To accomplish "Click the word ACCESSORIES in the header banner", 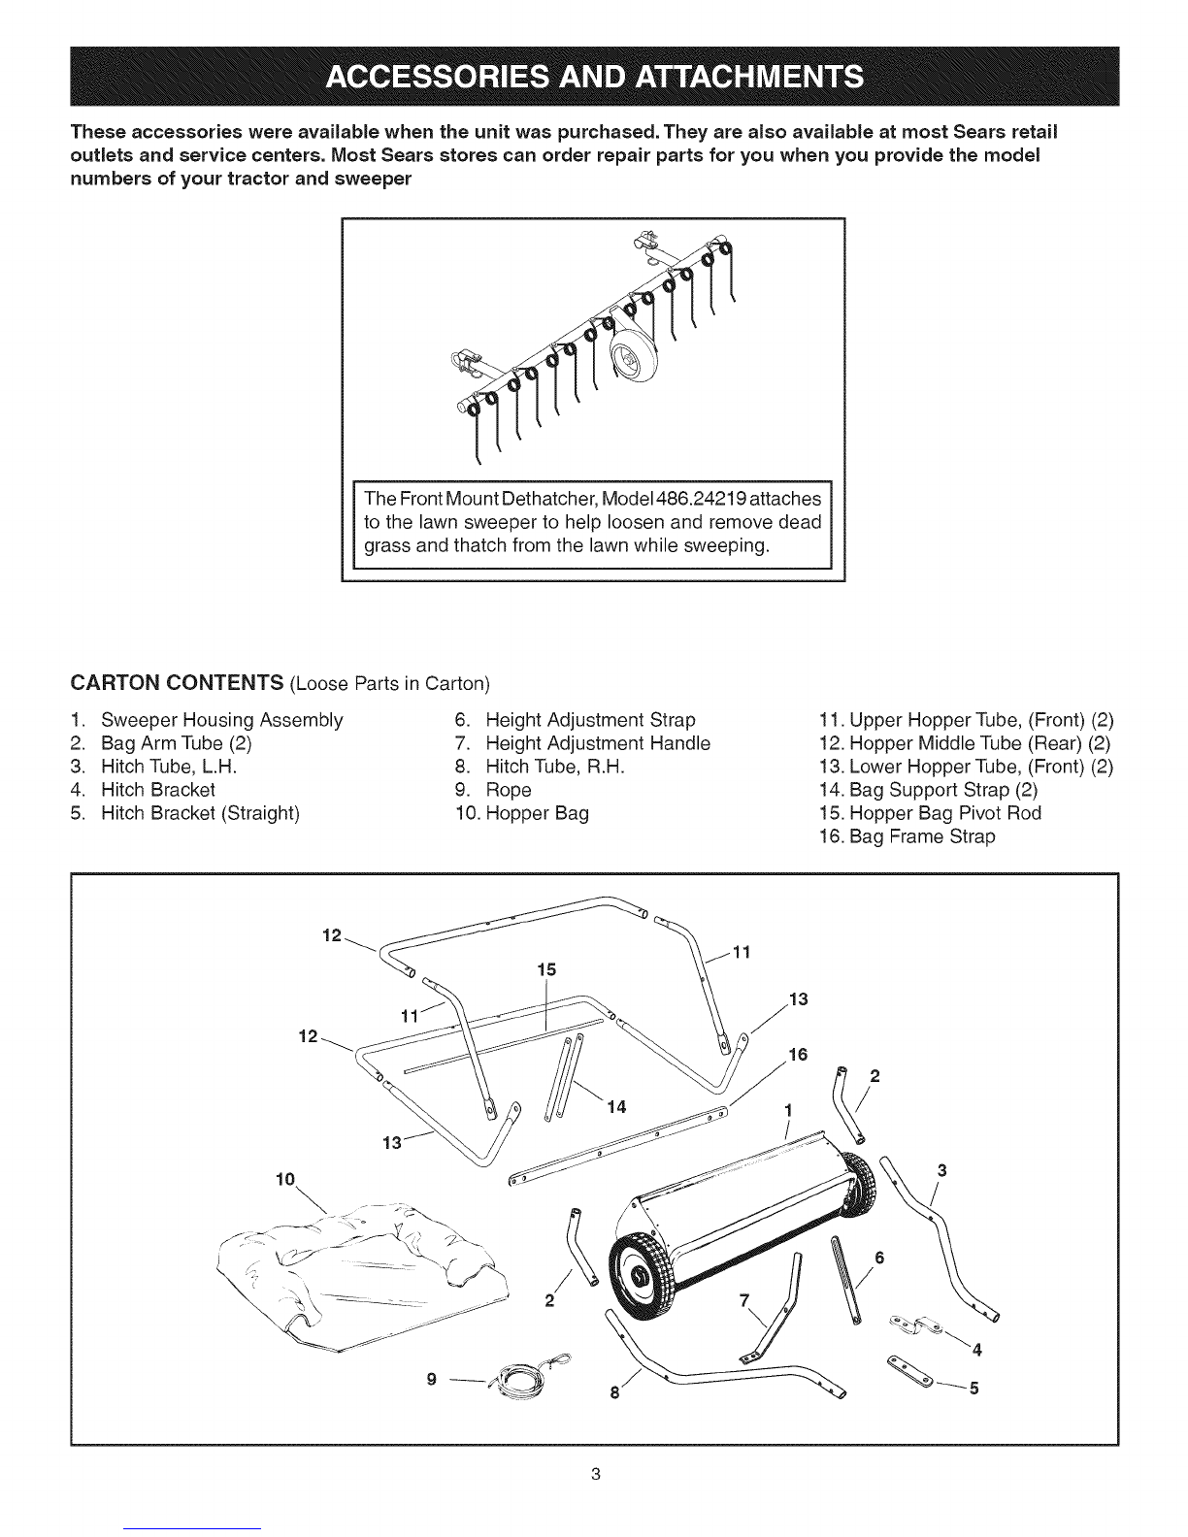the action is pyautogui.click(x=437, y=77).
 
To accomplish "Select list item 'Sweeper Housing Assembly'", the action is pyautogui.click(x=221, y=720).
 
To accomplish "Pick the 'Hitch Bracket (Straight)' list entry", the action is pyautogui.click(x=200, y=813).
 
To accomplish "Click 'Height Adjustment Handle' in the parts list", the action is pyautogui.click(x=598, y=743).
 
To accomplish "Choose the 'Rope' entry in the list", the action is pyautogui.click(x=508, y=790).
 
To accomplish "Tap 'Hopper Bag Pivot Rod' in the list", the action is pyautogui.click(x=944, y=813).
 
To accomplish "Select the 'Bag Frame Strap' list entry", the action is pyautogui.click(x=922, y=836).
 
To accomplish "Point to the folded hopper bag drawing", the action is pyautogui.click(x=361, y=1282).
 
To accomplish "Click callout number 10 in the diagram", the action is pyautogui.click(x=285, y=1179).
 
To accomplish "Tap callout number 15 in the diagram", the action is pyautogui.click(x=546, y=969).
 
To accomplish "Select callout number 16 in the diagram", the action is pyautogui.click(x=798, y=1055).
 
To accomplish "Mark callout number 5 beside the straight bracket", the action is pyautogui.click(x=973, y=1389).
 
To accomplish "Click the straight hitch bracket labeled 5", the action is pyautogui.click(x=910, y=1372).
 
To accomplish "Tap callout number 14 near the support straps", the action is pyautogui.click(x=616, y=1107).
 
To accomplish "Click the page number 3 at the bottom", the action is pyautogui.click(x=596, y=1475).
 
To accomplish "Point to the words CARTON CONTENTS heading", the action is pyautogui.click(x=177, y=682).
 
